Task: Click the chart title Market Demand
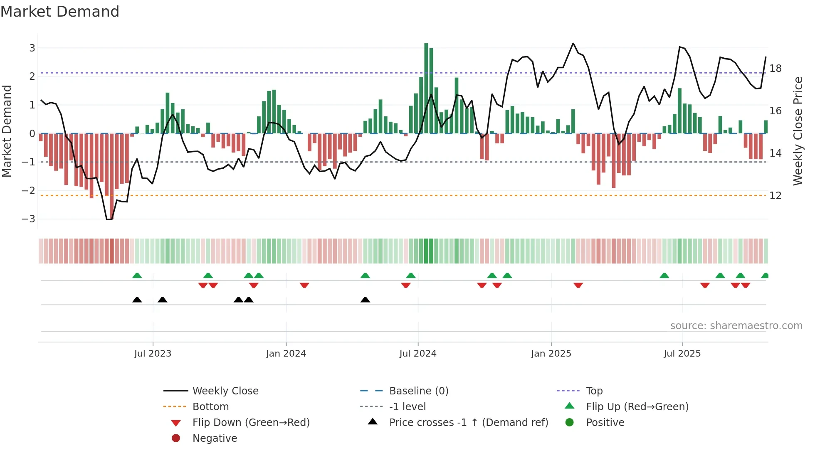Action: tap(60, 12)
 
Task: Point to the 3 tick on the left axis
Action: tap(32, 48)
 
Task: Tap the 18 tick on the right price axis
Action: tap(775, 68)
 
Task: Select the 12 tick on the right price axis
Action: tap(775, 195)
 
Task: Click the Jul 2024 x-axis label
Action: tap(418, 354)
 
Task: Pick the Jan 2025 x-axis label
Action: tap(551, 354)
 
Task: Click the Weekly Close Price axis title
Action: tap(798, 131)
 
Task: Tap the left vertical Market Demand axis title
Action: tap(7, 131)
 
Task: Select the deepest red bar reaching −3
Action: tap(111, 176)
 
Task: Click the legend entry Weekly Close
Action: tap(225, 391)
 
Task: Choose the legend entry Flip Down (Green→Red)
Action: tap(251, 422)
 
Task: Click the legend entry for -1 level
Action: tap(407, 406)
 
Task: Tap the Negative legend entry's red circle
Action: tap(176, 438)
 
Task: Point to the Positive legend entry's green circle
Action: tap(570, 422)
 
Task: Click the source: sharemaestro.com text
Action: tap(736, 325)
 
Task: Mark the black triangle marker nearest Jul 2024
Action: tap(365, 300)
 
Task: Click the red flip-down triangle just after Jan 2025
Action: tap(578, 285)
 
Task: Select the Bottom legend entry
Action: tap(210, 406)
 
